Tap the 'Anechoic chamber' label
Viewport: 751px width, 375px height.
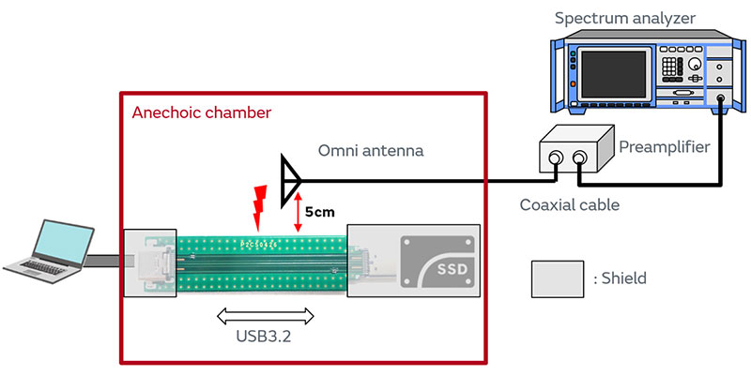[201, 112]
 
